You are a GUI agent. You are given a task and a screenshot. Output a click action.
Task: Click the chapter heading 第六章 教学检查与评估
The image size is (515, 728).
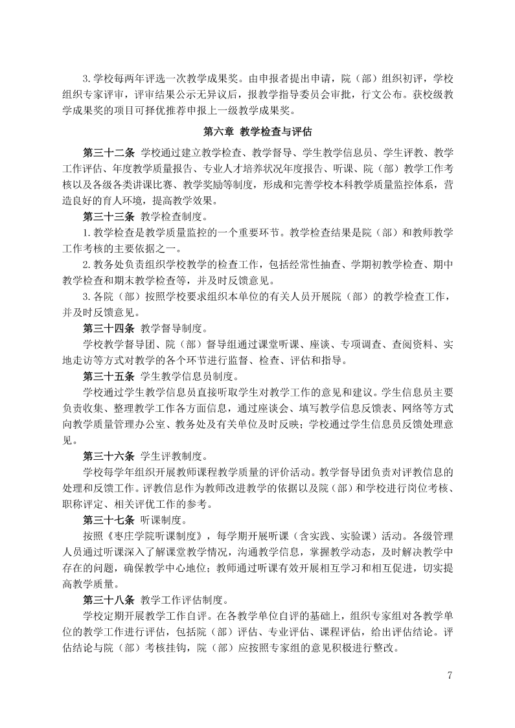[x=257, y=132]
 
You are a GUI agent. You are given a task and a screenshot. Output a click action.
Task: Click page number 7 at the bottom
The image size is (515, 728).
[x=450, y=676]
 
